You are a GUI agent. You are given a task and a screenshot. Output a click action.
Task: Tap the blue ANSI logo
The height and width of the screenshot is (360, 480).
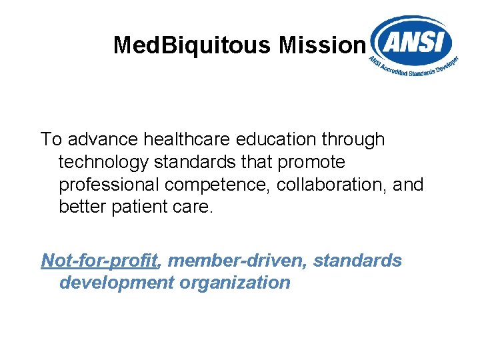412,44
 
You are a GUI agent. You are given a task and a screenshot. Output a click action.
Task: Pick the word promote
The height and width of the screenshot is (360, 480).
313,162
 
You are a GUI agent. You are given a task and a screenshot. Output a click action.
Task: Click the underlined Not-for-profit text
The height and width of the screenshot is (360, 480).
99,260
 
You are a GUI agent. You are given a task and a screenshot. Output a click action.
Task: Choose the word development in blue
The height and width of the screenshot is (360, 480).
117,283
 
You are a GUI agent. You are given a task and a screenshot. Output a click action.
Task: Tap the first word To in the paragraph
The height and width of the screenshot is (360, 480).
51,139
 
